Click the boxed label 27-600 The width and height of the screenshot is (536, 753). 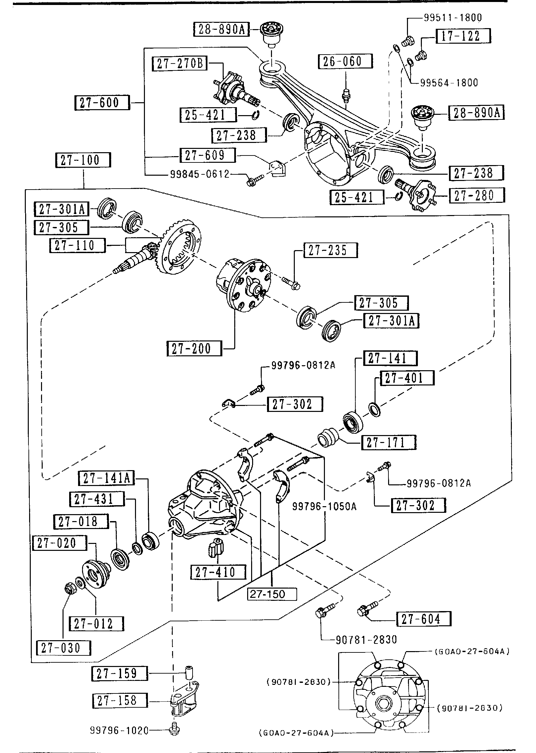point(102,103)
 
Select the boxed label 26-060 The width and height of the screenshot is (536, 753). point(345,62)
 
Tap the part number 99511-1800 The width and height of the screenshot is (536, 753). point(453,18)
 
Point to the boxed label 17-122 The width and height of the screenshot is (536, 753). point(463,36)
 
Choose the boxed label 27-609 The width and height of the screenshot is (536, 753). point(207,155)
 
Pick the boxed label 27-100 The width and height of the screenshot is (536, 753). point(83,160)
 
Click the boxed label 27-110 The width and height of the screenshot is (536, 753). point(77,245)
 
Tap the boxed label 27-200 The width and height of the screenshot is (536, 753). point(194,349)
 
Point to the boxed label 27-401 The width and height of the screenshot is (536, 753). point(407,378)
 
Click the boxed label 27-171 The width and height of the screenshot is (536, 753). point(389,442)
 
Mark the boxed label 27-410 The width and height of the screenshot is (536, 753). point(218,572)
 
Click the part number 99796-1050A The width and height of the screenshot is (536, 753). point(324,507)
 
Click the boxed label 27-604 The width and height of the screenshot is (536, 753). point(424,619)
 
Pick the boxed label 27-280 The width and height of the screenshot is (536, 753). point(476,195)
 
